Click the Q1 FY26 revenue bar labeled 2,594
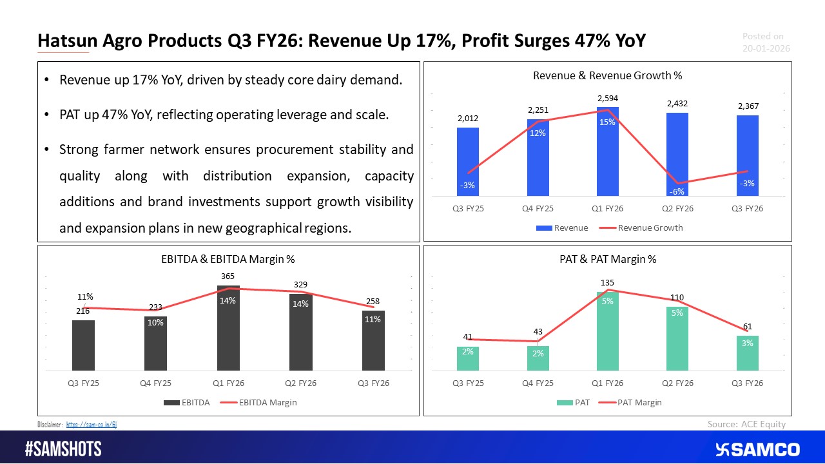tap(607, 155)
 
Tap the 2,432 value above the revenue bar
tap(677, 103)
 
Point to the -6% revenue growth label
tap(677, 191)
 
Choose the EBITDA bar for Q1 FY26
tap(228, 329)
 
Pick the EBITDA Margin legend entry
tap(259, 402)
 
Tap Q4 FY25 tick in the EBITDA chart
tap(155, 382)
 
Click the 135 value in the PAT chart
tap(608, 282)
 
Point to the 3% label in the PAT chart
tap(748, 343)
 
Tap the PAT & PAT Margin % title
tap(607, 259)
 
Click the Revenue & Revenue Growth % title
tap(607, 75)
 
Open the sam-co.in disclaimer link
tap(92, 424)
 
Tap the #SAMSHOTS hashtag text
tap(63, 449)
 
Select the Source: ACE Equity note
tap(746, 423)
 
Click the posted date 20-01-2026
tap(766, 48)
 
